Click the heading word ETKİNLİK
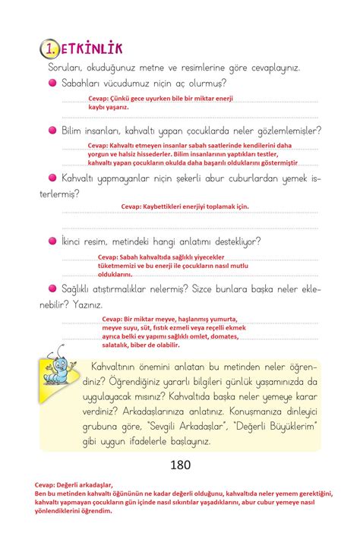[x=90, y=49]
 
